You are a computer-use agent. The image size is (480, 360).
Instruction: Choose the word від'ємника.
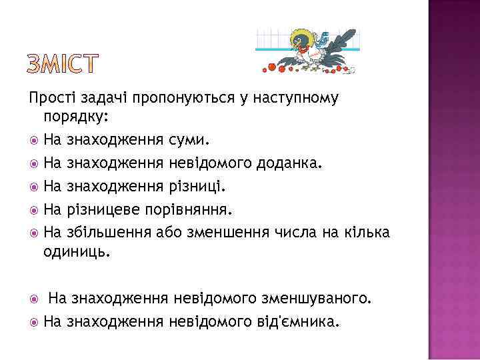[304, 322]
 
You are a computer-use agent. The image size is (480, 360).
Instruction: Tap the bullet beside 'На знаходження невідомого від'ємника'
[33, 323]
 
